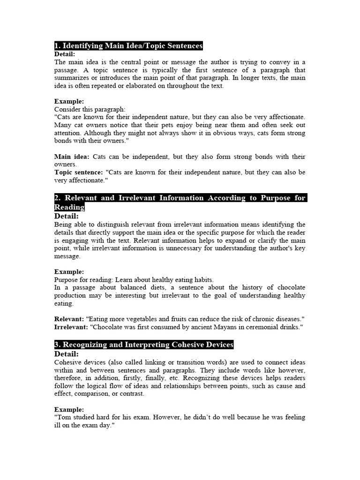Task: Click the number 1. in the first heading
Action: [x=57, y=46]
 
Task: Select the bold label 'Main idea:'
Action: [x=72, y=157]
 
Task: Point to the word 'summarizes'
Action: [x=71, y=78]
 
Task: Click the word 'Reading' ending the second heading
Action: [x=69, y=207]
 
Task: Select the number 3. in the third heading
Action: [x=57, y=345]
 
